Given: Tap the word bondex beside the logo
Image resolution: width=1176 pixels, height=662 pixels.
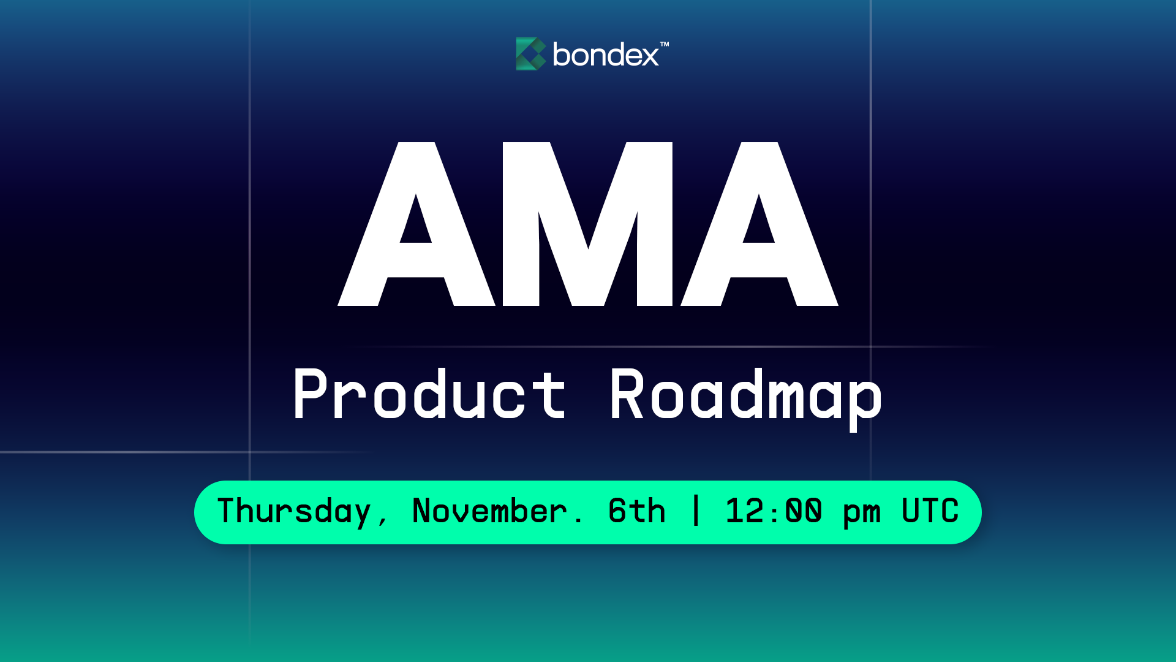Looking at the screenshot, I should pos(605,55).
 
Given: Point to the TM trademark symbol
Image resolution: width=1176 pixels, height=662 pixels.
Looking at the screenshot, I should pos(665,44).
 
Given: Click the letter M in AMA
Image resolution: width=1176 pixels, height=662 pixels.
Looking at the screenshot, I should pos(587,224).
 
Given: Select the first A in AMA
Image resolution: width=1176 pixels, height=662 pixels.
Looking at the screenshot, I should pos(417,224).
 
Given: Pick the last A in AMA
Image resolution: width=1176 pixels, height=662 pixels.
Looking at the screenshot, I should pos(759,224).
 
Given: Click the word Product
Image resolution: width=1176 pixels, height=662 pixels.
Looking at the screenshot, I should pos(429,395).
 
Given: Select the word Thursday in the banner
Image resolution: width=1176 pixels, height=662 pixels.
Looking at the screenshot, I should pos(294,511).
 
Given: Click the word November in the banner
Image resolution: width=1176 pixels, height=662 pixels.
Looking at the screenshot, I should pos(489,511).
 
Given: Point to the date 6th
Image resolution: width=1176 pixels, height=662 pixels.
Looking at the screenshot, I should pos(636,511).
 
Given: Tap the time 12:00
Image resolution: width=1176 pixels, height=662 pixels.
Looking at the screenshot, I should pos(774,511).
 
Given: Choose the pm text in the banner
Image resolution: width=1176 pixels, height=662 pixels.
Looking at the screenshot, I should pos(862,514).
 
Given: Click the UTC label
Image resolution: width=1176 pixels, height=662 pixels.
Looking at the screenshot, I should pos(930,511).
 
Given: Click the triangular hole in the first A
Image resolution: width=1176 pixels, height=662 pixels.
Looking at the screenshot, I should pos(416,223).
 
